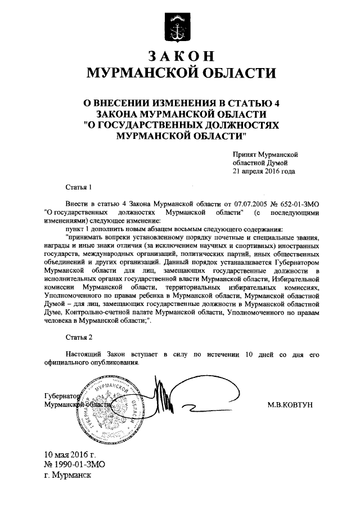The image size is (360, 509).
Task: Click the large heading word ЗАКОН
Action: pyautogui.click(x=181, y=56)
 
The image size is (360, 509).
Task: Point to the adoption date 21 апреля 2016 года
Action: pyautogui.click(x=264, y=172)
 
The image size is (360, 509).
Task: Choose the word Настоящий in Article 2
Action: pyautogui.click(x=85, y=354)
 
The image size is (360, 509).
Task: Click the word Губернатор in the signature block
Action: pyautogui.click(x=62, y=395)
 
